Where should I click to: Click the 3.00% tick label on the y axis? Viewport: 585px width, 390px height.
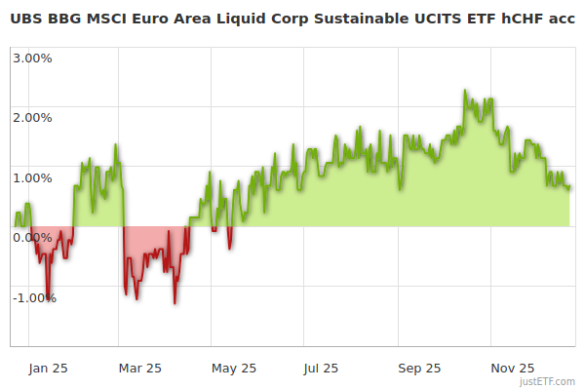(x=32, y=58)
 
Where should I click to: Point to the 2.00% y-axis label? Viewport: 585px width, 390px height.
(x=32, y=118)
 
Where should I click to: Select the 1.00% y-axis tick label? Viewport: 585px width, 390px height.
(x=32, y=177)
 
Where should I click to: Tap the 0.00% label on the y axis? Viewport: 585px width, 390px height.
(x=32, y=238)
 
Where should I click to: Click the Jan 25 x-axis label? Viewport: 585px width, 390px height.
(x=47, y=368)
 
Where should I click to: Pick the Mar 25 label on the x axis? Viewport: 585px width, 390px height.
(x=138, y=368)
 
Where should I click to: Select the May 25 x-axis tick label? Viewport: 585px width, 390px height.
(x=233, y=368)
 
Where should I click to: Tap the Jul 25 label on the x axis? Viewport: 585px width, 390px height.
(x=322, y=368)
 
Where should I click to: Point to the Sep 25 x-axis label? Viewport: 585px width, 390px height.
(x=418, y=368)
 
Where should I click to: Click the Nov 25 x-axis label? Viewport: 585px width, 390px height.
(x=513, y=368)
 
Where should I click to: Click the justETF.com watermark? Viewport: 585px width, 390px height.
(x=548, y=382)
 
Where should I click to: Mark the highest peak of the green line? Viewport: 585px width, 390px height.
(x=465, y=91)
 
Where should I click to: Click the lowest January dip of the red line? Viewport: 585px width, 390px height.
(x=48, y=300)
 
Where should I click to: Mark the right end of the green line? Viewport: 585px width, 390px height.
(x=570, y=188)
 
